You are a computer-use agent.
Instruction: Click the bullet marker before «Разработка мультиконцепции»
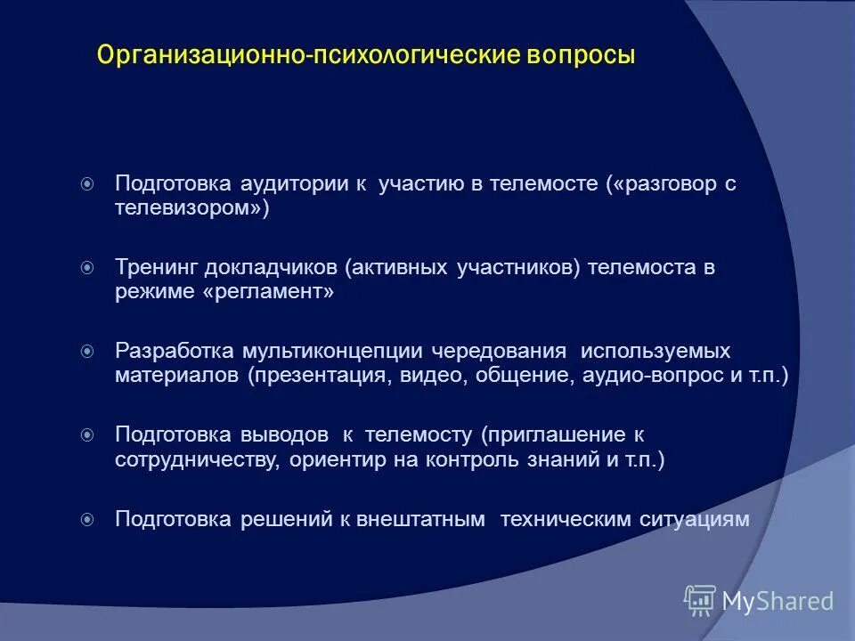[86, 352]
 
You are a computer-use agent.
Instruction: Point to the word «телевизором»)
[191, 208]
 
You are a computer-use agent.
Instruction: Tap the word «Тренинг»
[156, 267]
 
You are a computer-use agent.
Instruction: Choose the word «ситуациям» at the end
[700, 519]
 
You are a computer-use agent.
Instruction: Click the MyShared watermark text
[777, 602]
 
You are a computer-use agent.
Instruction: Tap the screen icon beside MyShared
[700, 601]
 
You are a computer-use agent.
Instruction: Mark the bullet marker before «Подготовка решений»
[86, 519]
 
